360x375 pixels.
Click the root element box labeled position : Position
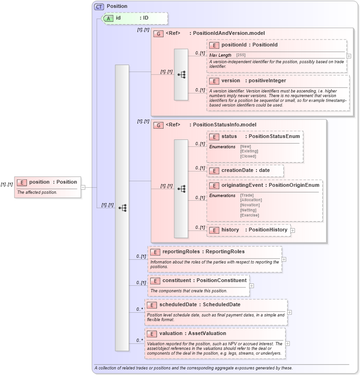click(47, 182)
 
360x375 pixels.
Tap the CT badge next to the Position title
click(99, 7)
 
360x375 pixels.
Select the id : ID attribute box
click(134, 18)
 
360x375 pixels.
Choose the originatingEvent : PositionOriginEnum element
click(264, 185)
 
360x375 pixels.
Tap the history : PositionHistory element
click(249, 230)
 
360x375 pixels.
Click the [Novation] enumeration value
click(249, 205)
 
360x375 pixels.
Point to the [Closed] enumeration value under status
click(248, 157)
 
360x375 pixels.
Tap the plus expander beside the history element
click(293, 230)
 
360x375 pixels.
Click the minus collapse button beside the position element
click(83, 187)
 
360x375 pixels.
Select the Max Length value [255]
click(241, 55)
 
